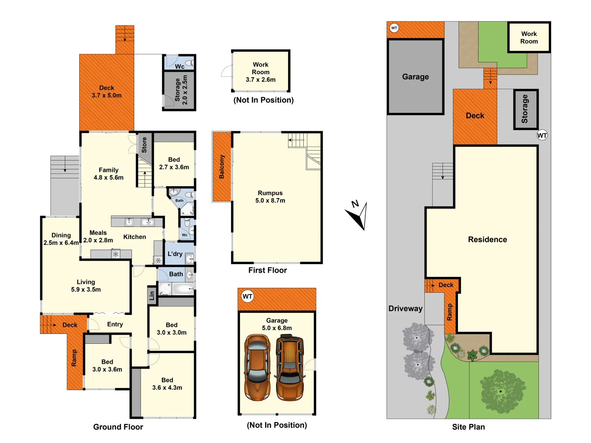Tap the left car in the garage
(x=257, y=368)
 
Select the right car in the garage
(x=290, y=368)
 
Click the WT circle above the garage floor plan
(x=247, y=297)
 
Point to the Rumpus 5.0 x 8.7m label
(x=270, y=197)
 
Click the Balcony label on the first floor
(x=222, y=167)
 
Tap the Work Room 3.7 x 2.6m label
(x=261, y=72)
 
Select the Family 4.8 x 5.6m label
(x=108, y=174)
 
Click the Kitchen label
(x=135, y=237)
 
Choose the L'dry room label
(x=175, y=254)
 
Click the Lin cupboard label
(x=152, y=295)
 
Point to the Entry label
(x=115, y=324)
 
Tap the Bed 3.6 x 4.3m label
(x=167, y=384)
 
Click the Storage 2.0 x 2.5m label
(x=181, y=90)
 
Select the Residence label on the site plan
(x=487, y=240)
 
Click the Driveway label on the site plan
(x=405, y=308)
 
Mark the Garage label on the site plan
(x=415, y=77)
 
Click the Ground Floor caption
(x=118, y=427)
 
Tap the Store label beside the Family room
(x=144, y=145)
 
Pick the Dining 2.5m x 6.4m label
(x=61, y=239)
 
